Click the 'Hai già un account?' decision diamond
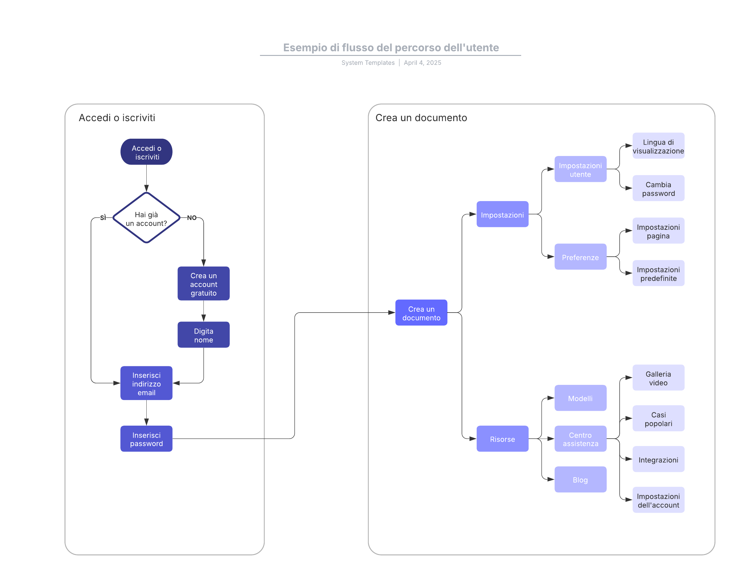pos(146,218)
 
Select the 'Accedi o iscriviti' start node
pos(146,152)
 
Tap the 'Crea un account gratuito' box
pos(203,283)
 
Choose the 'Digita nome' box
pos(203,335)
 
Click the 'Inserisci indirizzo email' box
pos(146,383)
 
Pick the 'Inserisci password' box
pos(146,439)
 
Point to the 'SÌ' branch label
pos(103,218)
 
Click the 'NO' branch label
pos(191,218)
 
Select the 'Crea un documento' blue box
pos(421,313)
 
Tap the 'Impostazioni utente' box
pos(580,169)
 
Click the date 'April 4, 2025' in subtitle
pos(422,63)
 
